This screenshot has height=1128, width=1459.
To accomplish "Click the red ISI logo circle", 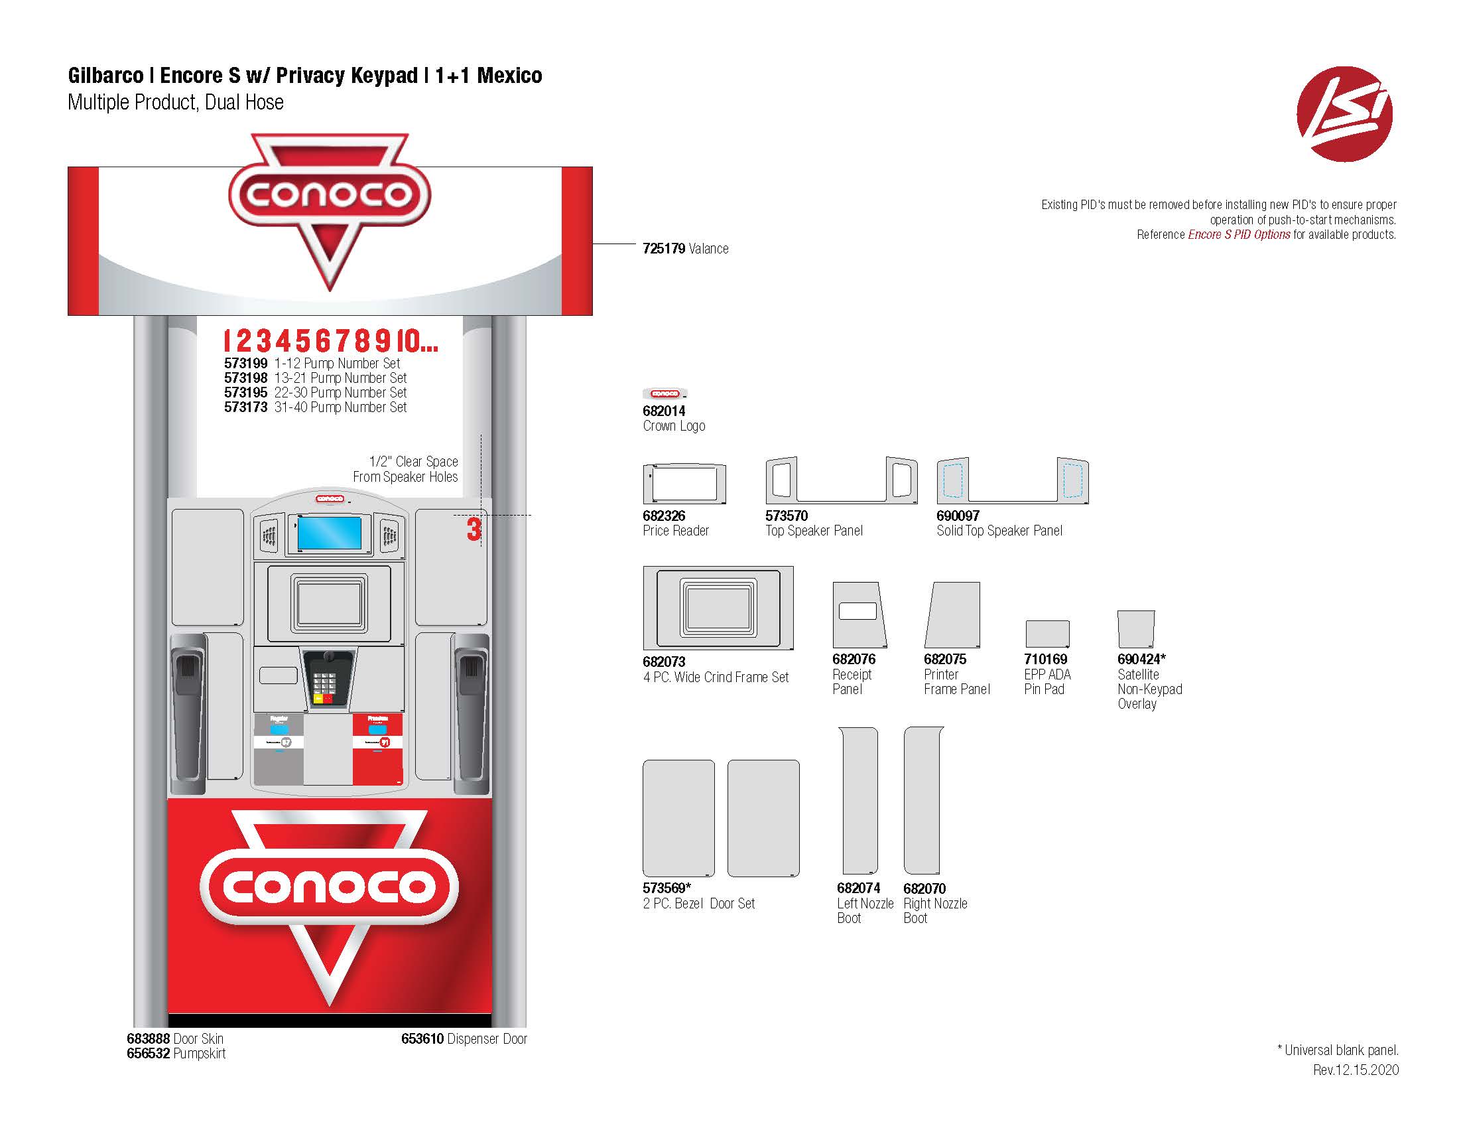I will (1344, 113).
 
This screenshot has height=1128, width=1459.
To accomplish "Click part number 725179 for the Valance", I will (663, 249).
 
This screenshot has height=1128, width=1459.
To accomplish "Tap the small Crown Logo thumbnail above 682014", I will (665, 393).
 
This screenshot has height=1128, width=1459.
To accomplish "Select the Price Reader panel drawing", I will (684, 483).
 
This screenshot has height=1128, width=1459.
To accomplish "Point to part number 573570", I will (787, 516).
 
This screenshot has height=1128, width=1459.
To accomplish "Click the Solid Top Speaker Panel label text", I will (999, 531).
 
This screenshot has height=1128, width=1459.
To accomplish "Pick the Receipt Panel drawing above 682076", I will (859, 614).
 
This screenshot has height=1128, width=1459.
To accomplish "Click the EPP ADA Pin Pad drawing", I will (1047, 634).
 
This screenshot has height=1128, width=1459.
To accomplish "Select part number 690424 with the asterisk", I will (1141, 659).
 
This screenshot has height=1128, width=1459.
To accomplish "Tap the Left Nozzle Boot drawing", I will (858, 801).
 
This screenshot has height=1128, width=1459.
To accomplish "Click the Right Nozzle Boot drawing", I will (923, 801).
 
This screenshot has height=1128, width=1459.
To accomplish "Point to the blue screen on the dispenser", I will (330, 533).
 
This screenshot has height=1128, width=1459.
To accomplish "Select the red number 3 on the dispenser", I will (474, 530).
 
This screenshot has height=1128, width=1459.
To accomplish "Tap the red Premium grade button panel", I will (377, 748).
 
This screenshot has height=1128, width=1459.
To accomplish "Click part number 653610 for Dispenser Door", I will (422, 1038).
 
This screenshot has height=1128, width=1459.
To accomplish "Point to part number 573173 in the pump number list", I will (245, 407).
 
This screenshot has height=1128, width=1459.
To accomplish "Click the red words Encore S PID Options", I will (1239, 234).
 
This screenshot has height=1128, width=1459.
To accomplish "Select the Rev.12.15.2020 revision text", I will (1356, 1070).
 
